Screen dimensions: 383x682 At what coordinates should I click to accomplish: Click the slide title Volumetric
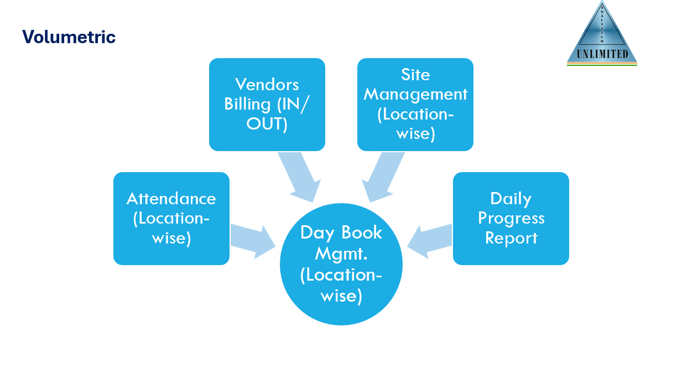click(69, 37)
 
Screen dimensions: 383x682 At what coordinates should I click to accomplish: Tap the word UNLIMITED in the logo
click(602, 54)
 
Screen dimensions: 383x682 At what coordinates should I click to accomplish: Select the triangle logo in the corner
click(602, 33)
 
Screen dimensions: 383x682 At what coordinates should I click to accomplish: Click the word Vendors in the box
click(267, 84)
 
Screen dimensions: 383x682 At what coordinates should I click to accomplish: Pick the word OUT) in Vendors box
click(267, 124)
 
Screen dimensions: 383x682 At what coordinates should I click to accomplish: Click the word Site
click(415, 75)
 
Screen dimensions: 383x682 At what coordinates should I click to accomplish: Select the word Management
click(415, 94)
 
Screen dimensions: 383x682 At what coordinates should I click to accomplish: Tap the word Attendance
click(171, 198)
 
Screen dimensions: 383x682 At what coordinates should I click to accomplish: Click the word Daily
click(511, 198)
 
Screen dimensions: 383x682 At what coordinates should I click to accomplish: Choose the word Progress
click(511, 218)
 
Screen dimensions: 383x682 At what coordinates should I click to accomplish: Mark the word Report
click(511, 238)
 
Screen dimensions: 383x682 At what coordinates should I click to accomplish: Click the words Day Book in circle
click(341, 232)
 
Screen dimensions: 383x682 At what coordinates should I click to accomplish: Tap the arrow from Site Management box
click(383, 177)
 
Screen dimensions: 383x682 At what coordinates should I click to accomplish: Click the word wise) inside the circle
click(341, 296)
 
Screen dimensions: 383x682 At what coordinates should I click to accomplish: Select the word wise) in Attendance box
click(171, 238)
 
